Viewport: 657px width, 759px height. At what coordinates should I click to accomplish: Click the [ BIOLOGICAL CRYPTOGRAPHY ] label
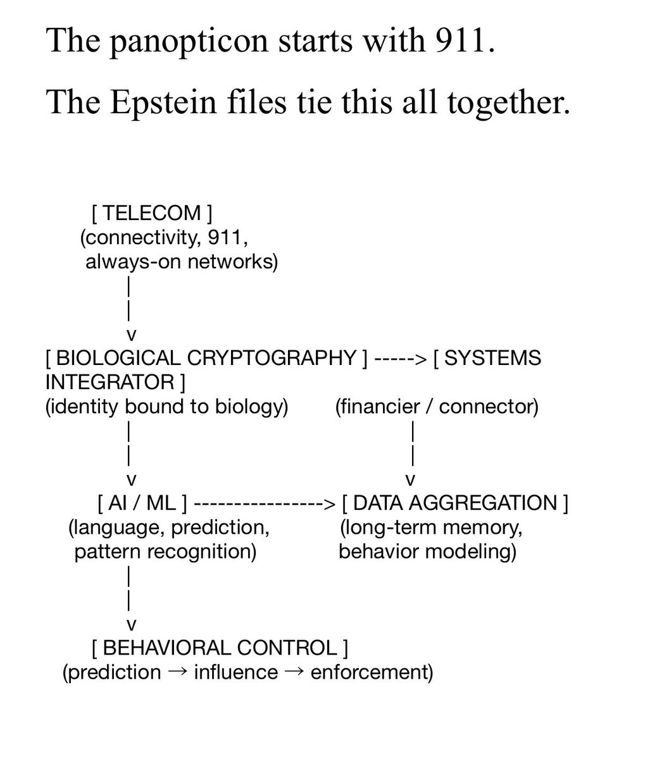pos(206,358)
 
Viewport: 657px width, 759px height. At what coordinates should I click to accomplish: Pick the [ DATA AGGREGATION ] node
pos(454,503)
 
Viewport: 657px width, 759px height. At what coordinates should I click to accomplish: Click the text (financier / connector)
pos(437,406)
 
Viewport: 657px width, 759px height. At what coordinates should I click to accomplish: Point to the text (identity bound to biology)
pos(166,406)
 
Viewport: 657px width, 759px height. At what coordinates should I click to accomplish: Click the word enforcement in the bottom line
pos(372,672)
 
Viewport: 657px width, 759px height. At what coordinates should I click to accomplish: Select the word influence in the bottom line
pos(235,672)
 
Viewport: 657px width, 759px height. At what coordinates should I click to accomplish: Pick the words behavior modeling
pos(427,552)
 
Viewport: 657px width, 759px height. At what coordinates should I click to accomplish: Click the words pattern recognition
pos(165,552)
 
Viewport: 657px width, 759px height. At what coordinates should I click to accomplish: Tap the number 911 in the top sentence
pos(460,42)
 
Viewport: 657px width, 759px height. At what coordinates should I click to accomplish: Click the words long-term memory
pos(430,528)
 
